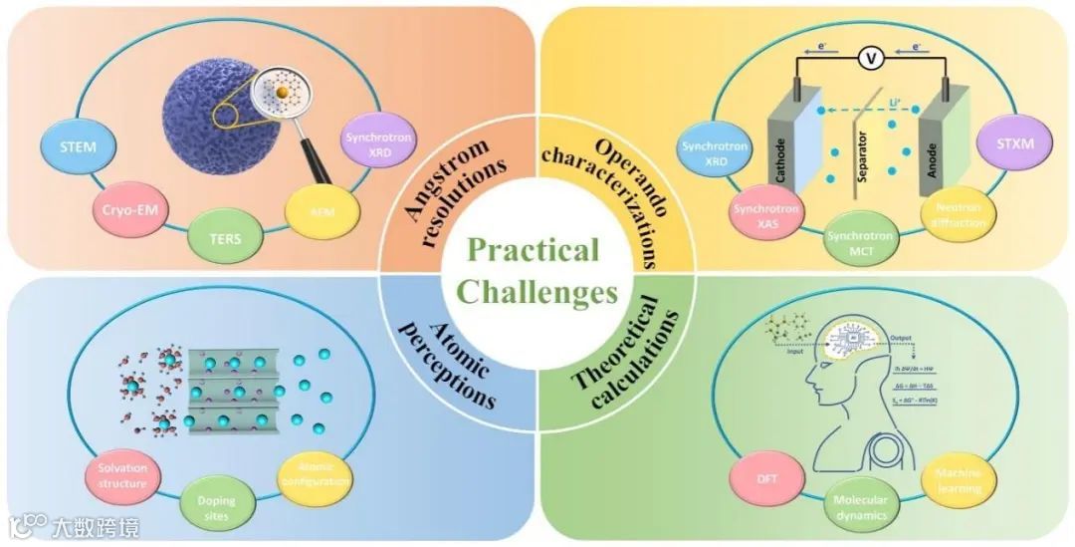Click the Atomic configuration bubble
click(314, 474)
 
